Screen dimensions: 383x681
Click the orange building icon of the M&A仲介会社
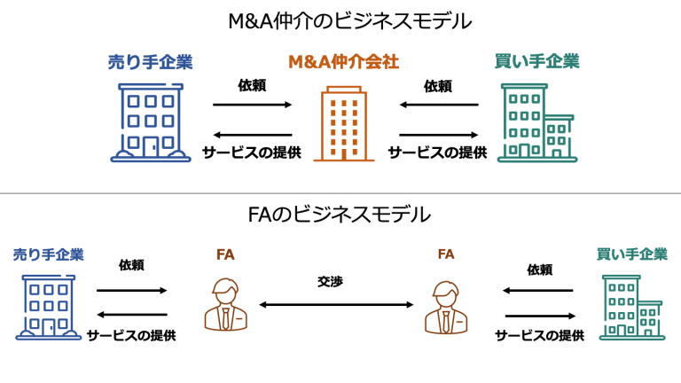(344, 123)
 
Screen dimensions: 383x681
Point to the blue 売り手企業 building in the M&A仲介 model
(150, 123)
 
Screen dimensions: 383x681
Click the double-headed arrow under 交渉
(336, 304)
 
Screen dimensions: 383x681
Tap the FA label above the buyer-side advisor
(446, 254)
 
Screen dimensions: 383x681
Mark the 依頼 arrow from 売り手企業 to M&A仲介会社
(252, 105)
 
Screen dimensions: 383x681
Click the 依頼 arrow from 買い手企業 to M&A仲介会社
(438, 105)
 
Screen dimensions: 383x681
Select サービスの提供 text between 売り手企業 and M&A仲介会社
(252, 152)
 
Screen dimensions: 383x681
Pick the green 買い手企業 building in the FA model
(631, 307)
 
